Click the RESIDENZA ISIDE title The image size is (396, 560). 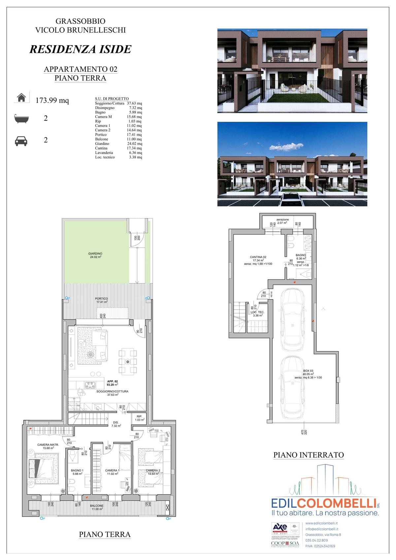pyautogui.click(x=81, y=49)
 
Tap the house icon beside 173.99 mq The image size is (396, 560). pyautogui.click(x=21, y=98)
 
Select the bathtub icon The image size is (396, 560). pyautogui.click(x=21, y=118)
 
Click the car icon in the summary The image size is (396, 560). pyautogui.click(x=21, y=141)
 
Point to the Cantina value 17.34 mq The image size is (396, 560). pyautogui.click(x=134, y=148)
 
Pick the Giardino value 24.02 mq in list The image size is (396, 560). pyautogui.click(x=134, y=144)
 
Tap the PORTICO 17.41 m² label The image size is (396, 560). pyautogui.click(x=101, y=300)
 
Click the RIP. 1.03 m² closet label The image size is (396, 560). pyautogui.click(x=139, y=418)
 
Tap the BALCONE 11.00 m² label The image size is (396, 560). pyautogui.click(x=97, y=507)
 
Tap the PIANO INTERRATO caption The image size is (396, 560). pyautogui.click(x=308, y=455)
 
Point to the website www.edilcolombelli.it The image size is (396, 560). pyautogui.click(x=321, y=523)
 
